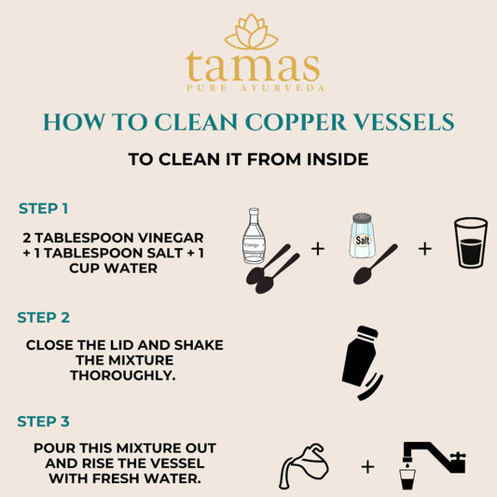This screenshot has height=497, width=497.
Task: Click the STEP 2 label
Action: click(x=43, y=317)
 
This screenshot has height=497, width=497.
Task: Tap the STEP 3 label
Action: click(x=43, y=421)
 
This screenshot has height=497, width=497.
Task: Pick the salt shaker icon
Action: click(x=361, y=237)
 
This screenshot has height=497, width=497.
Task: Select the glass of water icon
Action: click(x=470, y=243)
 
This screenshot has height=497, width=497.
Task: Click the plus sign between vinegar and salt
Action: click(x=317, y=250)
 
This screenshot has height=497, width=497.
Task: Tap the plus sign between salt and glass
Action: click(x=425, y=249)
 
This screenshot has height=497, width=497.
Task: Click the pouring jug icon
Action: click(x=303, y=462)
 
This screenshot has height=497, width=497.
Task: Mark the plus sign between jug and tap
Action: click(x=367, y=466)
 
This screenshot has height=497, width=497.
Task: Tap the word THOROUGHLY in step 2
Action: click(x=125, y=374)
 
